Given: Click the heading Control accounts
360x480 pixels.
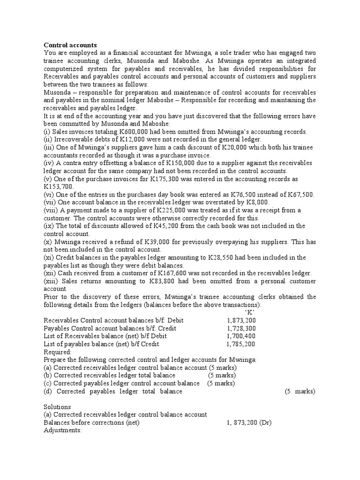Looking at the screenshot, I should (70, 45).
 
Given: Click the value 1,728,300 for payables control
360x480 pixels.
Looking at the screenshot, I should (241, 328).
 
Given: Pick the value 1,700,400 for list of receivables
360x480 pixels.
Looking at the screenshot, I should (241, 336).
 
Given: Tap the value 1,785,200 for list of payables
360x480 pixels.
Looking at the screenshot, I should (241, 344).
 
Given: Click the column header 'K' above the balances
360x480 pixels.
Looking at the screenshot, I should (249, 312).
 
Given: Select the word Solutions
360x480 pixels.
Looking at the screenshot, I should (57, 407).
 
